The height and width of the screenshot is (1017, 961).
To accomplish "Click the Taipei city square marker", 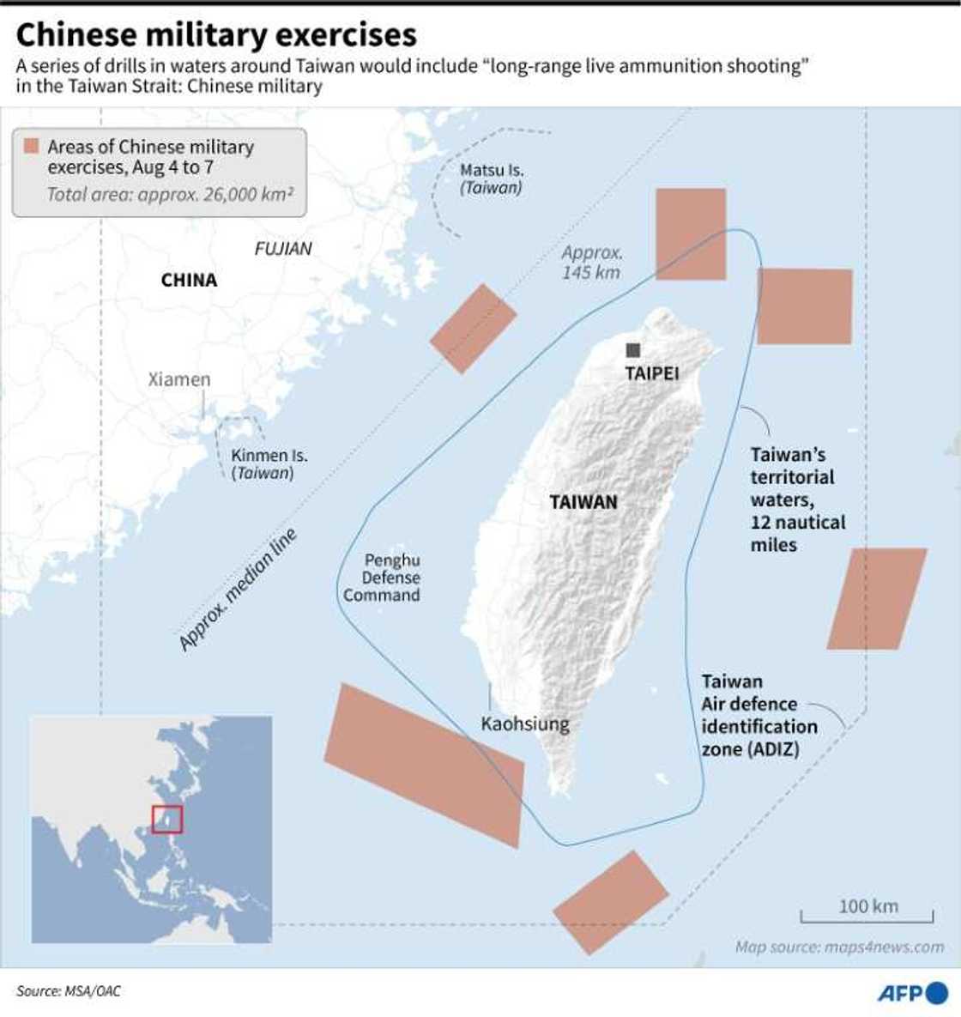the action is tap(633, 350).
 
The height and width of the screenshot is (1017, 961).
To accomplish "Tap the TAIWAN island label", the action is tap(583, 502).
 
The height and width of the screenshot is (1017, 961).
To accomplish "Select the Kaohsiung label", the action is tap(524, 723).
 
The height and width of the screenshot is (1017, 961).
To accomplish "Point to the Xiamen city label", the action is tap(178, 379).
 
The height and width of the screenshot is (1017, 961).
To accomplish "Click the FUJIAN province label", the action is tap(283, 249).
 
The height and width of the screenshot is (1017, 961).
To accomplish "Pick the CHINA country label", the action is tap(189, 280).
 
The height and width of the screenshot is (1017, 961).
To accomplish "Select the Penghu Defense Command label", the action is tap(383, 578).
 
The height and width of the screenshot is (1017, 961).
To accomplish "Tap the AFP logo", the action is tap(912, 992).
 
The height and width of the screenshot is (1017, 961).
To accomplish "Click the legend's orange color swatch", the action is tap(31, 146).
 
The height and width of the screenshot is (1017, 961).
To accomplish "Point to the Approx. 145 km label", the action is tap(592, 262).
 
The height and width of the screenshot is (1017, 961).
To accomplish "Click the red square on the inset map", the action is tap(167, 819).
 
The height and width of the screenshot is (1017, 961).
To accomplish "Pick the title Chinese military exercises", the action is tap(216, 34).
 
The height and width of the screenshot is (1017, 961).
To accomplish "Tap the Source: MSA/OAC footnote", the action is tap(69, 991).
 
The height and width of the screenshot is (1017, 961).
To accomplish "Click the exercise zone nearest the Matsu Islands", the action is tap(473, 328).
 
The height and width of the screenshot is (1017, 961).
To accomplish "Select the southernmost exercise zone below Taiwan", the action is tap(610, 901).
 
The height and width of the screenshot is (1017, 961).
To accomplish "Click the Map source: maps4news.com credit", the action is tap(839, 947).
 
